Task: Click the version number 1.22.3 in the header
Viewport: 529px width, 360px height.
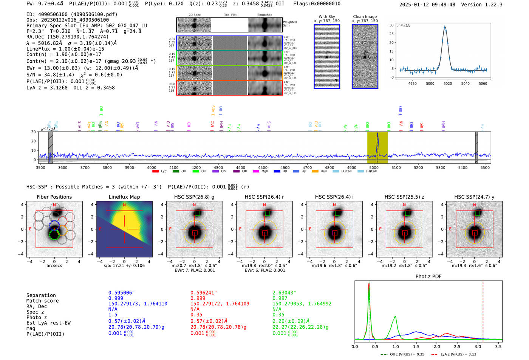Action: [x=490, y=5]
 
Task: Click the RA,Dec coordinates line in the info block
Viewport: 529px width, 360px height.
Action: [x=67, y=37]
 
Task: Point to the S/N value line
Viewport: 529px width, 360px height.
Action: [x=56, y=75]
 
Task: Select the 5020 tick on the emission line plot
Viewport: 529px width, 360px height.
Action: [x=448, y=83]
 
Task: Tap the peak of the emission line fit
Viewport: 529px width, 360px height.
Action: [x=445, y=27]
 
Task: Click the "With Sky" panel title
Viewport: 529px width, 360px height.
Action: [x=326, y=17]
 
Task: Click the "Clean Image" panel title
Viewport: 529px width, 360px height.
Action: [x=365, y=17]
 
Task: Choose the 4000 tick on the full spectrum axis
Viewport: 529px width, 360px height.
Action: [x=152, y=168]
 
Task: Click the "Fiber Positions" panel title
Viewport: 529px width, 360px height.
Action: [x=54, y=197]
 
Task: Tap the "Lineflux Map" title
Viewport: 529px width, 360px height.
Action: [x=124, y=197]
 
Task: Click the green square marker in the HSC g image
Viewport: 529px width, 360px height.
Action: [x=197, y=213]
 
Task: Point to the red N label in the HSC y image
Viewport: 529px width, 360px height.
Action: [x=474, y=205]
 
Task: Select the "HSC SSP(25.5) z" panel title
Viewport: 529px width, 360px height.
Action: [x=404, y=197]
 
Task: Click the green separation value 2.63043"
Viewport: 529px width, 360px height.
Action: [x=284, y=293]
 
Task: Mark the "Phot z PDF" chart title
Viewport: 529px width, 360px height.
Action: [x=428, y=277]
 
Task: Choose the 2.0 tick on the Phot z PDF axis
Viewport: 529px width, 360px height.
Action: [x=437, y=346]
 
